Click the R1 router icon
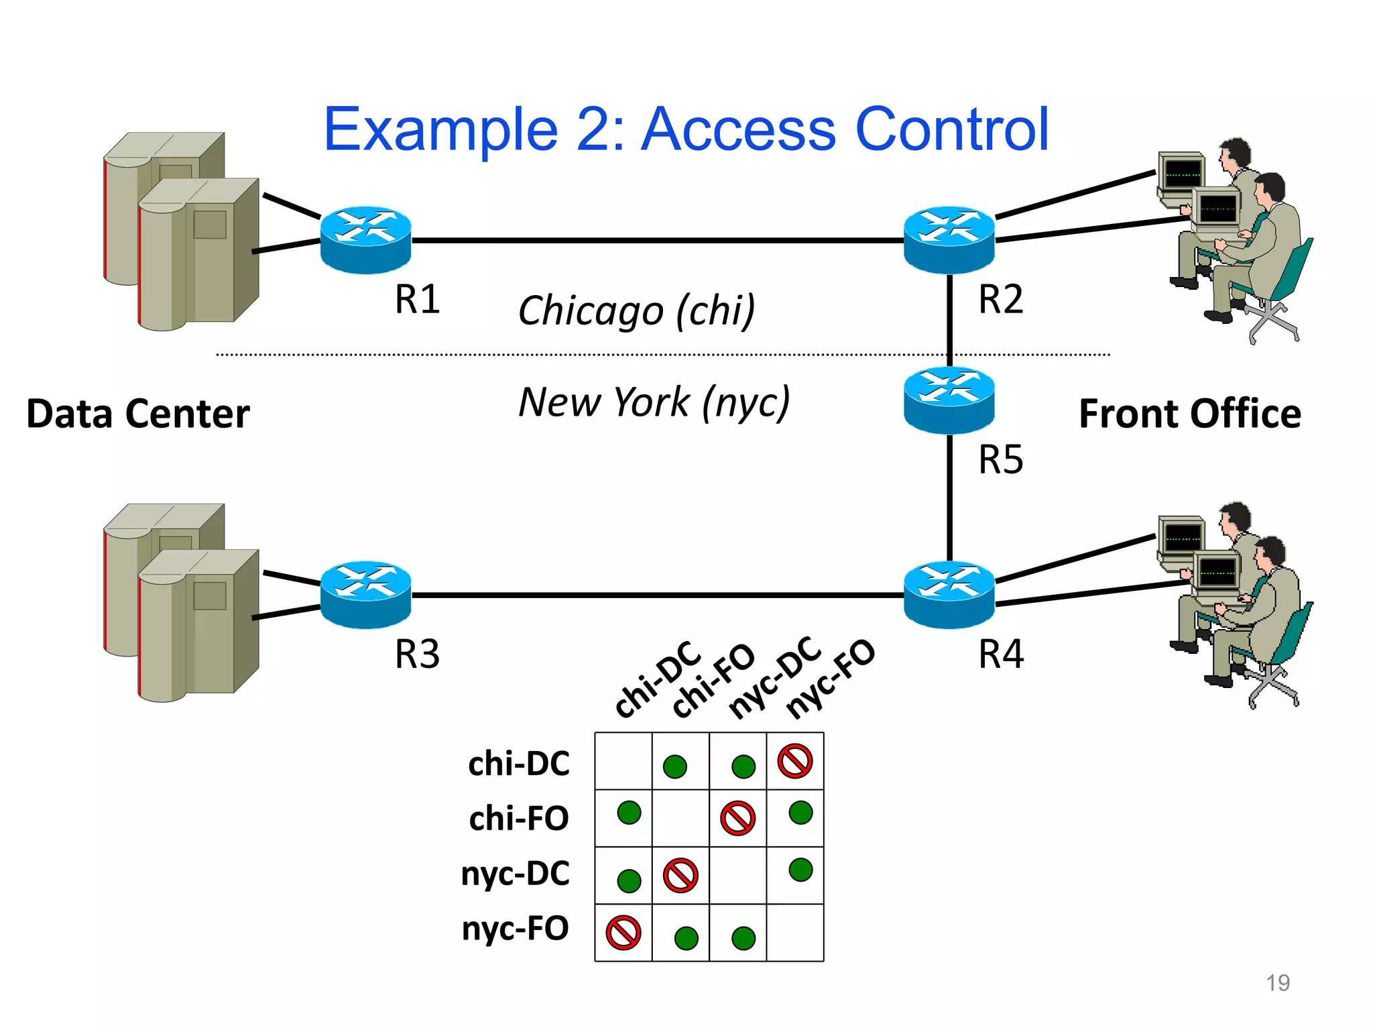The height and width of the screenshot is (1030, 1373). pyautogui.click(x=365, y=239)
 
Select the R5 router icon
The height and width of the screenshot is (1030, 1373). pyautogui.click(x=949, y=400)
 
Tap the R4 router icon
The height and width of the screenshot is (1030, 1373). pyautogui.click(x=949, y=594)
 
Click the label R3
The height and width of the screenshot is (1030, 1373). pyautogui.click(x=417, y=654)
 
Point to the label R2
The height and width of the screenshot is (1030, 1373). pyautogui.click(x=1000, y=299)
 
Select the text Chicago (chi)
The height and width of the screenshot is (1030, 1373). pyautogui.click(x=636, y=310)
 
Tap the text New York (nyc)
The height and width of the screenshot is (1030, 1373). pyautogui.click(x=654, y=402)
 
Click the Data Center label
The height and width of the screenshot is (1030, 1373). pyautogui.click(x=137, y=413)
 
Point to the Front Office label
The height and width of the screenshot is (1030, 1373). pyautogui.click(x=1189, y=413)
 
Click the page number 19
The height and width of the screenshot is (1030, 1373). pyautogui.click(x=1277, y=982)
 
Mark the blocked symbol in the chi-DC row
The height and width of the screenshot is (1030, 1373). pyautogui.click(x=794, y=761)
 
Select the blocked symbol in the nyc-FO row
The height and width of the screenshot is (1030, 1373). pyautogui.click(x=623, y=933)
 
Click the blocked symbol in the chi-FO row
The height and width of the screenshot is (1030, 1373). pyautogui.click(x=737, y=818)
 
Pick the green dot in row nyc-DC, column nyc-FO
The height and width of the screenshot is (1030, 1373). pyautogui.click(x=800, y=870)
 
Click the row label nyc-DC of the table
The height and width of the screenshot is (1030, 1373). pyautogui.click(x=515, y=874)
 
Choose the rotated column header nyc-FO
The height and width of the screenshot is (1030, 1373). pyautogui.click(x=830, y=679)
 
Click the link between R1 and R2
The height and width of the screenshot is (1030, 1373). pyautogui.click(x=657, y=240)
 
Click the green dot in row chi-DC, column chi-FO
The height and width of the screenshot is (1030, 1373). pyautogui.click(x=674, y=766)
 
